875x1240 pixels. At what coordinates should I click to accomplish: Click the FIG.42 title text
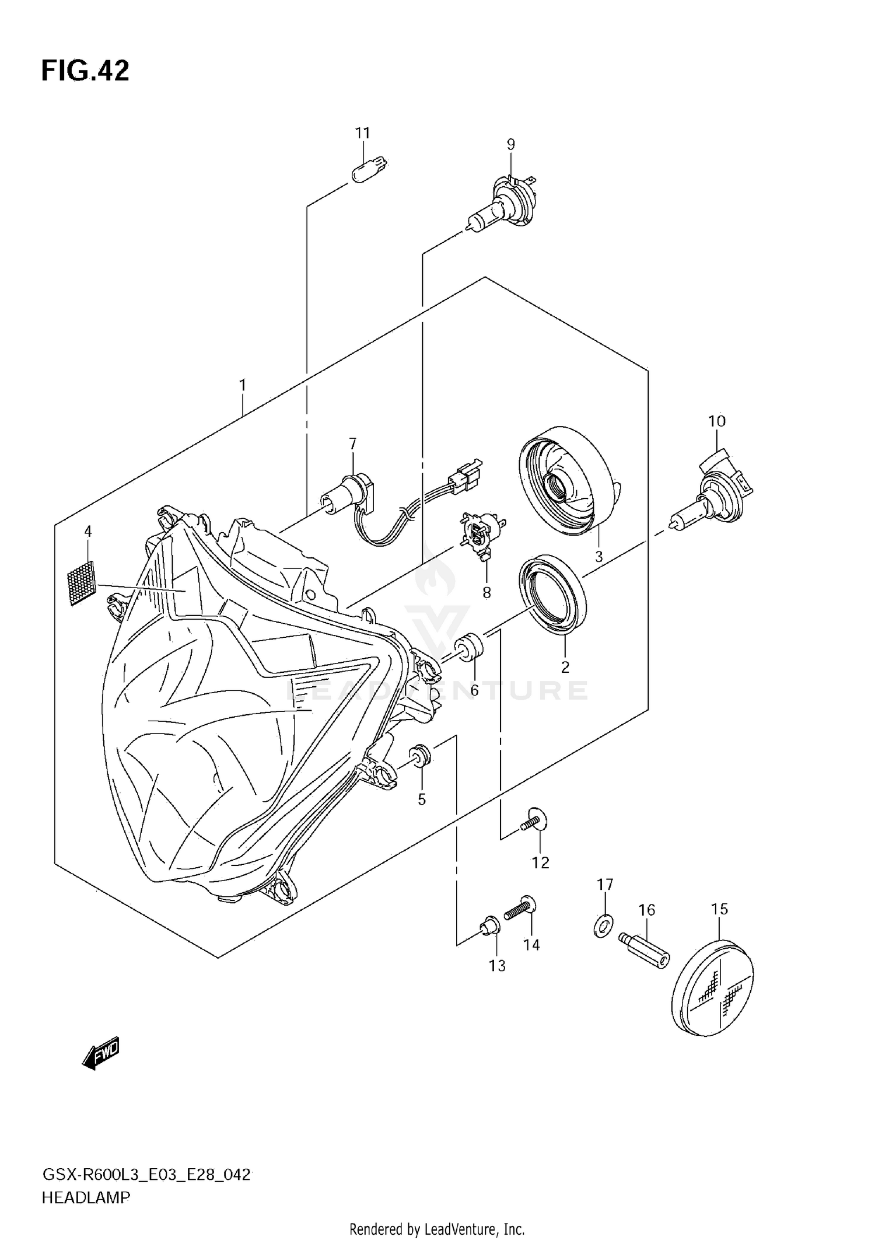(85, 71)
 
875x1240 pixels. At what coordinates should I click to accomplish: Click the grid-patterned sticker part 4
(81, 582)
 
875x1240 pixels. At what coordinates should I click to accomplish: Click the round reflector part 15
(713, 988)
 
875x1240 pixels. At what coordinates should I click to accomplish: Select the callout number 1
(242, 386)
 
